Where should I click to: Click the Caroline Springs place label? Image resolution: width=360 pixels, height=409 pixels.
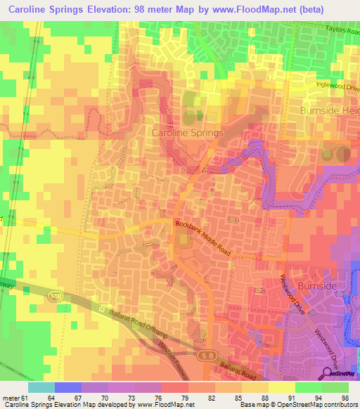(188, 132)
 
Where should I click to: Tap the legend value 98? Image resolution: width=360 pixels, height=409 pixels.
(345, 397)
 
